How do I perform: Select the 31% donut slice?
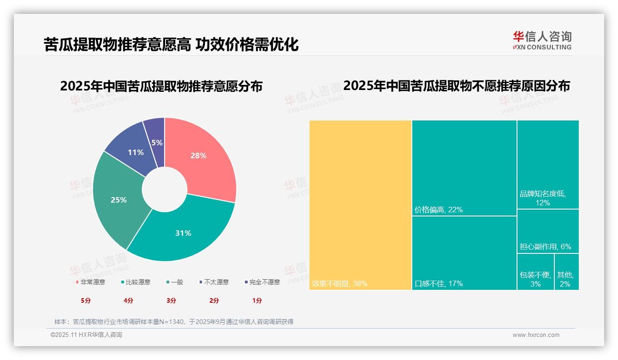tap(184, 231)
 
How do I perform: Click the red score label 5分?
tap(86, 300)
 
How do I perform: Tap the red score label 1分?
tap(257, 300)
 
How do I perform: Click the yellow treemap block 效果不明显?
tap(360, 205)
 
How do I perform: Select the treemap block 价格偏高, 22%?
tap(464, 168)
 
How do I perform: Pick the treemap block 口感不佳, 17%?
tap(464, 253)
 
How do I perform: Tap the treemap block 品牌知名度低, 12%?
tap(547, 164)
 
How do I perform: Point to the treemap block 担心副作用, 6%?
tap(547, 231)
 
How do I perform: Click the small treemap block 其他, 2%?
tap(566, 272)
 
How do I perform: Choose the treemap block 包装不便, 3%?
tap(535, 272)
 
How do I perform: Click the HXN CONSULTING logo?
tap(542, 40)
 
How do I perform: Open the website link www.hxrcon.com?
tap(536, 335)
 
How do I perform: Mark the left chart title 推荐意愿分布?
tap(161, 86)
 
